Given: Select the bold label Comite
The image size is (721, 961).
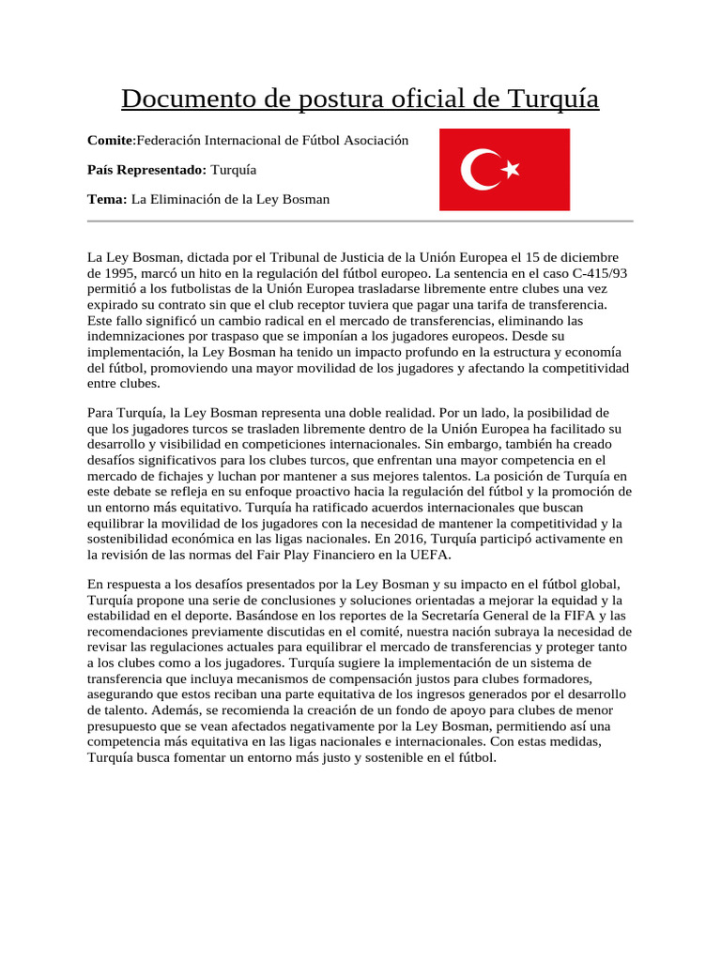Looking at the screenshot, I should pyautogui.click(x=110, y=140).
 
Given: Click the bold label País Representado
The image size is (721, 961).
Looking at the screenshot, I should pyautogui.click(x=146, y=170).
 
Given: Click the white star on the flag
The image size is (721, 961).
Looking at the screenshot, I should pyautogui.click(x=511, y=170).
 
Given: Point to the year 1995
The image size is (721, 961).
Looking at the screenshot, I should pyautogui.click(x=124, y=273).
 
